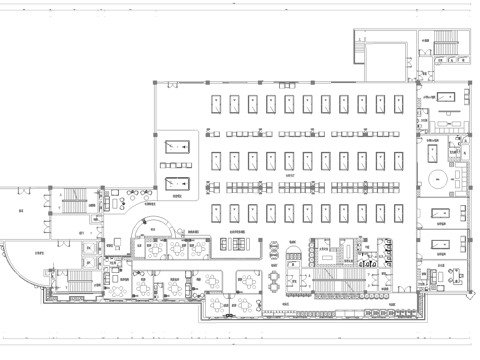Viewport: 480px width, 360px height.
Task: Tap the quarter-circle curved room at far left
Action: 28,265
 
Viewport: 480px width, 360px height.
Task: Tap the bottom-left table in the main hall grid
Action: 215,213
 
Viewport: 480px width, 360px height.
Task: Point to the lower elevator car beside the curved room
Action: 90,262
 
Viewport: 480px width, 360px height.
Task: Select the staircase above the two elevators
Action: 72,200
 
